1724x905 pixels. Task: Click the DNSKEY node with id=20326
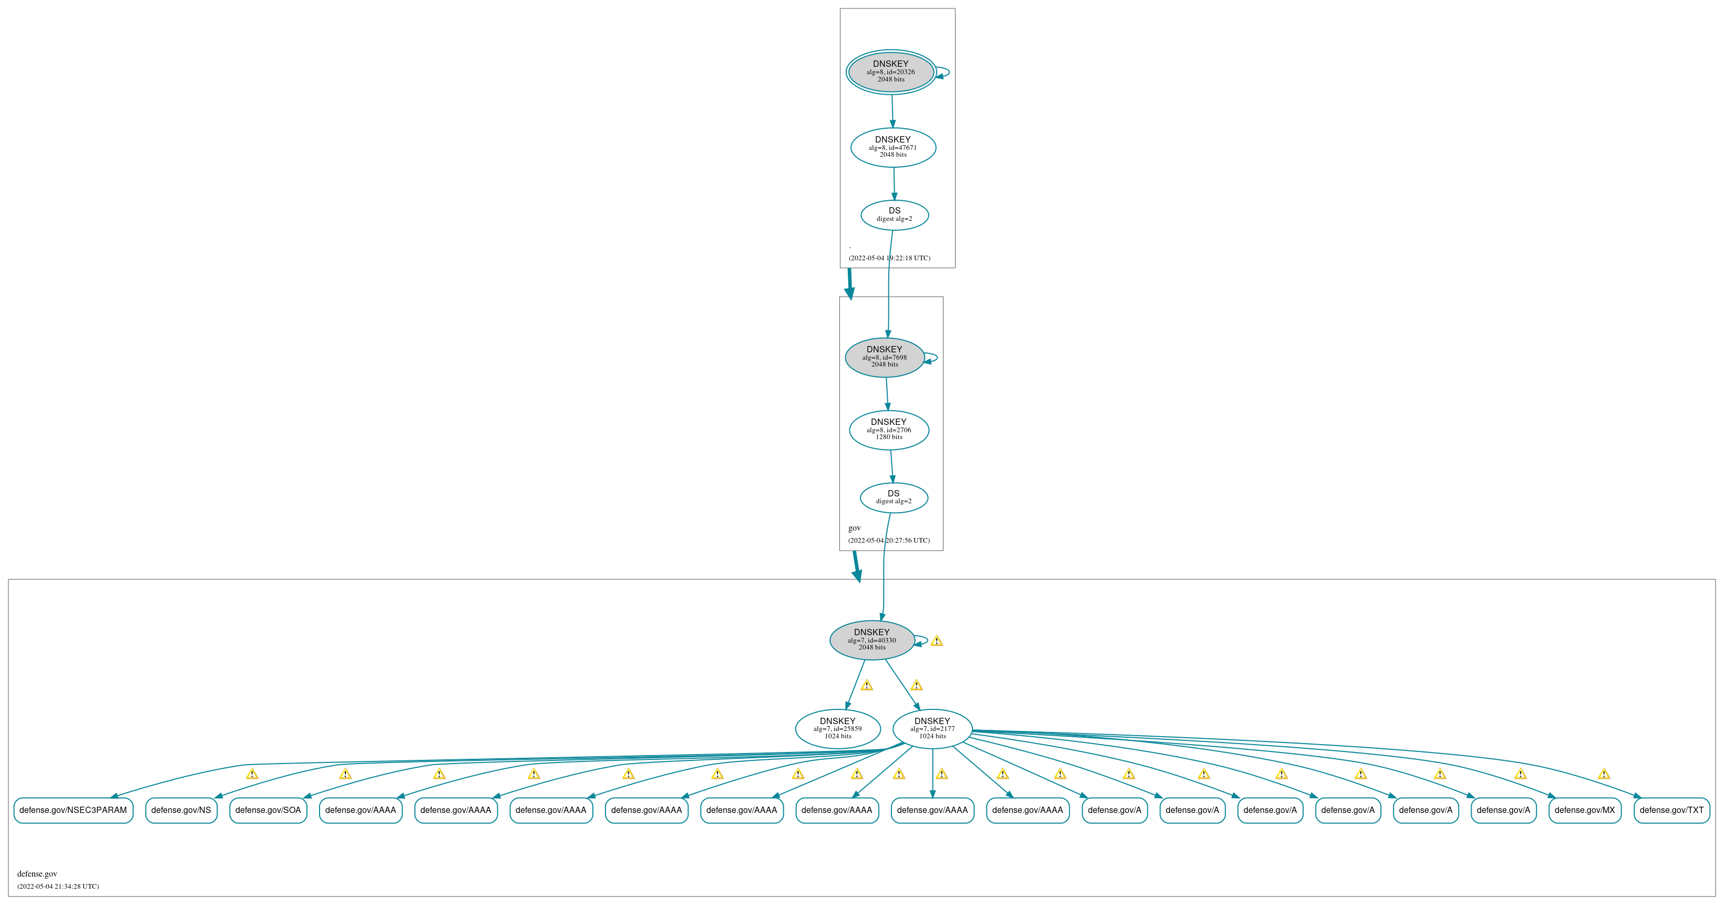[891, 72]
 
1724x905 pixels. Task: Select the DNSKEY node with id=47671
[893, 147]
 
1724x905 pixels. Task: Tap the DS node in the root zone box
[894, 215]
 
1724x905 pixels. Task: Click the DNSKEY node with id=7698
[885, 358]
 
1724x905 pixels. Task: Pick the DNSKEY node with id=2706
[889, 430]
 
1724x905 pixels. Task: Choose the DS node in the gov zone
[894, 497]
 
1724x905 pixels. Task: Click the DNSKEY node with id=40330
[872, 640]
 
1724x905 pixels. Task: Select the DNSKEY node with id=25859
[838, 729]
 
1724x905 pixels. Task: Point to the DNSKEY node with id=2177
[932, 729]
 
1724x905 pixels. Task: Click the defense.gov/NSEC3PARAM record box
[73, 810]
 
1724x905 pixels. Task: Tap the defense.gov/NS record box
[181, 810]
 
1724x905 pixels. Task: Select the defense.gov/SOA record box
[269, 810]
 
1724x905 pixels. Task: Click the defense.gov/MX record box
[1585, 810]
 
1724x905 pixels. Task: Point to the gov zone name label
[855, 528]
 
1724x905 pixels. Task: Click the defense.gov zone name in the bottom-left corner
[37, 873]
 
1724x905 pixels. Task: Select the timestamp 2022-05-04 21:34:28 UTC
[58, 886]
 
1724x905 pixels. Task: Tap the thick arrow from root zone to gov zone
[850, 284]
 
